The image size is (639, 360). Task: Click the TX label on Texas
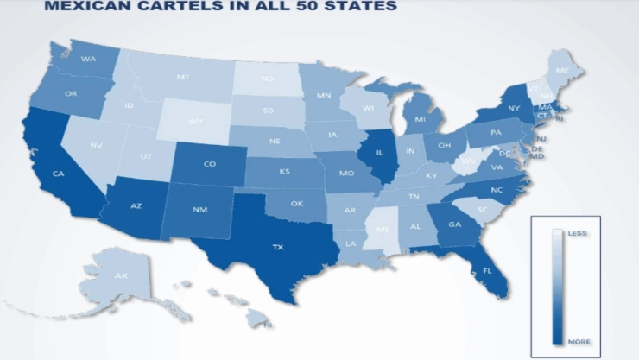tap(278, 248)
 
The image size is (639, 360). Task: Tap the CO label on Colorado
tap(210, 164)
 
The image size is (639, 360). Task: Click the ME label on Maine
tap(562, 71)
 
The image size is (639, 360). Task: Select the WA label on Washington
tap(88, 60)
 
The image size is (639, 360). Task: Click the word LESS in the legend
tap(576, 233)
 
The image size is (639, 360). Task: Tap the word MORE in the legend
tap(579, 343)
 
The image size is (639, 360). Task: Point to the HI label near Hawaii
tap(268, 325)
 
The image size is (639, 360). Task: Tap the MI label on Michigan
tap(420, 120)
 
